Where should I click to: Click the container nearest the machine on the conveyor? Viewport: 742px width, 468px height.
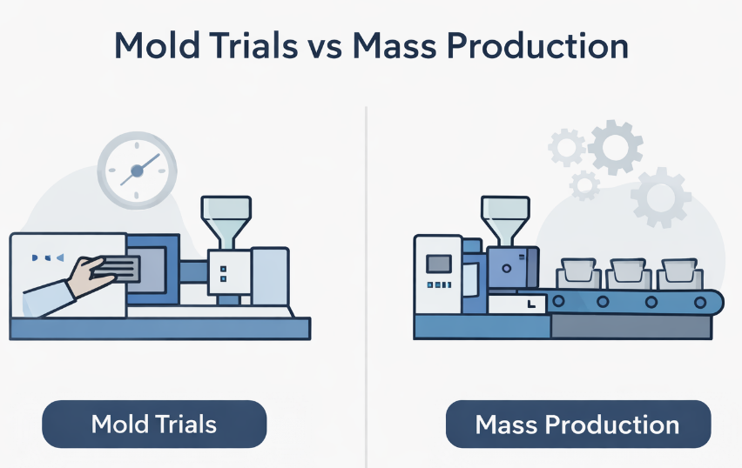(x=575, y=273)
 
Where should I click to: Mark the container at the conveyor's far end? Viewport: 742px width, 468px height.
(x=680, y=273)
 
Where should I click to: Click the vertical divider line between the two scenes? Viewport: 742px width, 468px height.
(x=366, y=261)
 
